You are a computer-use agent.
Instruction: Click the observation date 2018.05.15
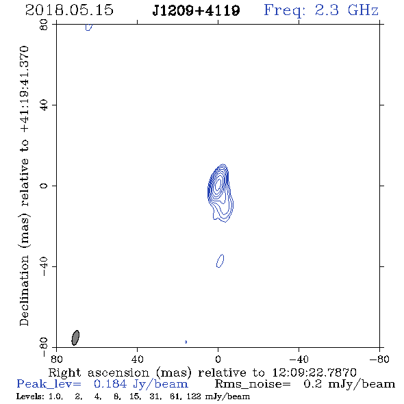click(x=69, y=10)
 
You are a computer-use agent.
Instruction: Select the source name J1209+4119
click(x=196, y=10)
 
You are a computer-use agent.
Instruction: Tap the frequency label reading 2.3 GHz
click(x=346, y=10)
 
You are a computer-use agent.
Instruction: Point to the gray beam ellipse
click(x=75, y=338)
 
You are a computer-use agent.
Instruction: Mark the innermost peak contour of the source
click(x=218, y=184)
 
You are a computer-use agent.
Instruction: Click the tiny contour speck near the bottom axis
click(x=186, y=342)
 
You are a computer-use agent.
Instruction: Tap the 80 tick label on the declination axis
click(x=44, y=25)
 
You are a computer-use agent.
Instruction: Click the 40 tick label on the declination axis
click(x=44, y=105)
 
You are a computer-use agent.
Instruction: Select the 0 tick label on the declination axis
click(x=44, y=186)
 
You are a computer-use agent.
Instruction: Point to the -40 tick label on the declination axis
click(x=44, y=266)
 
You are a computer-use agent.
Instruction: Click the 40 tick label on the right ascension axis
click(x=137, y=359)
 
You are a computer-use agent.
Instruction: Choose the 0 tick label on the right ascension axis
click(x=218, y=359)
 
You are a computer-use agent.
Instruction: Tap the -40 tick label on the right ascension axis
click(x=299, y=359)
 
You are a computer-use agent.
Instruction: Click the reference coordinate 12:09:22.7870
click(x=314, y=373)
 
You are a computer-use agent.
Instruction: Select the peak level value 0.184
click(x=110, y=384)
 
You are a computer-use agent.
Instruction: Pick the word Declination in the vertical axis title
click(x=24, y=290)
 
